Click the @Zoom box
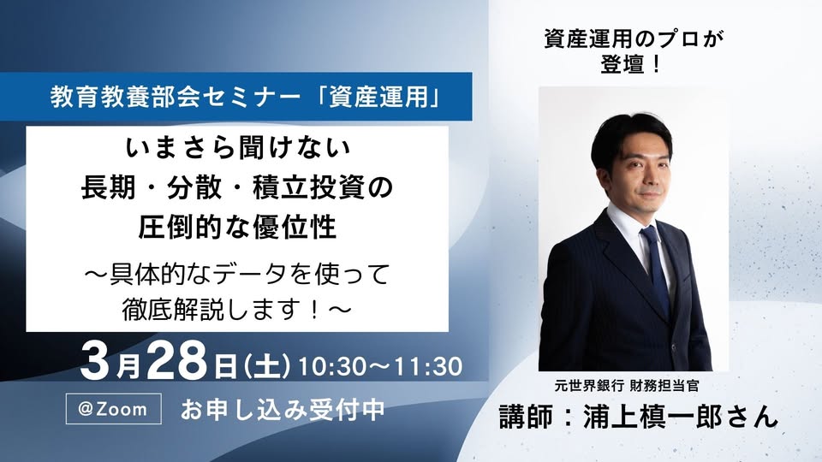113,409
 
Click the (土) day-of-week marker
267,366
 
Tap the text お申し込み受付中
283,410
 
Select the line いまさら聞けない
237,148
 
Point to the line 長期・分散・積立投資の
237,187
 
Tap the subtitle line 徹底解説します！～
237,310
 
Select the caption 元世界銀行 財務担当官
627,386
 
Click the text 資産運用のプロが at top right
634,39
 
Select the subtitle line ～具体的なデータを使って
237,273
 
